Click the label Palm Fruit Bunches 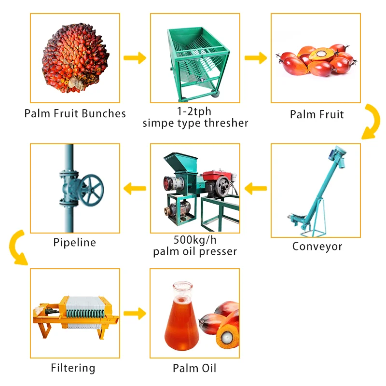[75, 114]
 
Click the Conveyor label [317, 247]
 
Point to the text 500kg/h [194, 240]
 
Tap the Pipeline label [74, 242]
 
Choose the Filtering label [73, 368]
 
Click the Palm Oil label [194, 369]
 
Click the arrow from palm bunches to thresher [135, 58]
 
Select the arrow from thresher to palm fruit [255, 58]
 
